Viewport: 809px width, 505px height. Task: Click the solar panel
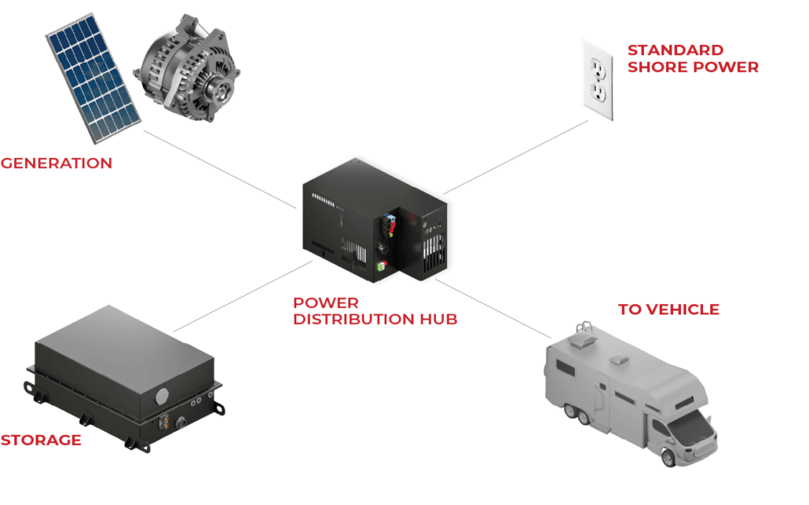tap(93, 77)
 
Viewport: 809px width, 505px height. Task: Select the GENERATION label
tap(56, 163)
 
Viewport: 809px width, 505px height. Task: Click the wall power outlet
tap(598, 80)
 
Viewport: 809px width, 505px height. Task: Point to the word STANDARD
tap(675, 50)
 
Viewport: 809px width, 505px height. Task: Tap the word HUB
tap(438, 319)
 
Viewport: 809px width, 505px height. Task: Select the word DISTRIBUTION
tap(353, 319)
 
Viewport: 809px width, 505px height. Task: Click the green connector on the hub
tap(382, 266)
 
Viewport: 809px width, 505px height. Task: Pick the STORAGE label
tap(41, 440)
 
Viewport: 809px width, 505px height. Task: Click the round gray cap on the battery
tap(162, 396)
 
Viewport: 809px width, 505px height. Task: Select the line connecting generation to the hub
tap(220, 169)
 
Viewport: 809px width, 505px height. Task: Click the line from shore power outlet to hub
tap(516, 157)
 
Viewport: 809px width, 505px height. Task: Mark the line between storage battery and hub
tap(243, 296)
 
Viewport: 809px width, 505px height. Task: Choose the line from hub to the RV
tap(493, 309)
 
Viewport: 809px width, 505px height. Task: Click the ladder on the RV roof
tap(584, 329)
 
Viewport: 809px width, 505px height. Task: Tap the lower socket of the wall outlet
tap(598, 93)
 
